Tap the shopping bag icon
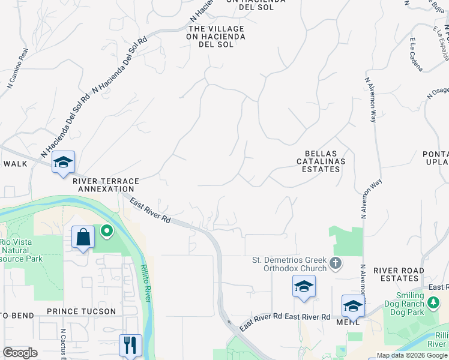(x=83, y=238)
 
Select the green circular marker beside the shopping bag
(x=106, y=230)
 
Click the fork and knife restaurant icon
(x=130, y=345)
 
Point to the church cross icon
(x=336, y=262)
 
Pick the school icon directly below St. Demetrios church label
(x=304, y=287)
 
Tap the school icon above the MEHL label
(x=353, y=306)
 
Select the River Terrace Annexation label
(x=106, y=184)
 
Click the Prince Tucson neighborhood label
(x=81, y=311)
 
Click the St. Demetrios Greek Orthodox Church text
(x=290, y=264)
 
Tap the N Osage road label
(x=438, y=93)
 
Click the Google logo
(x=20, y=353)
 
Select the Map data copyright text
(x=412, y=355)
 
